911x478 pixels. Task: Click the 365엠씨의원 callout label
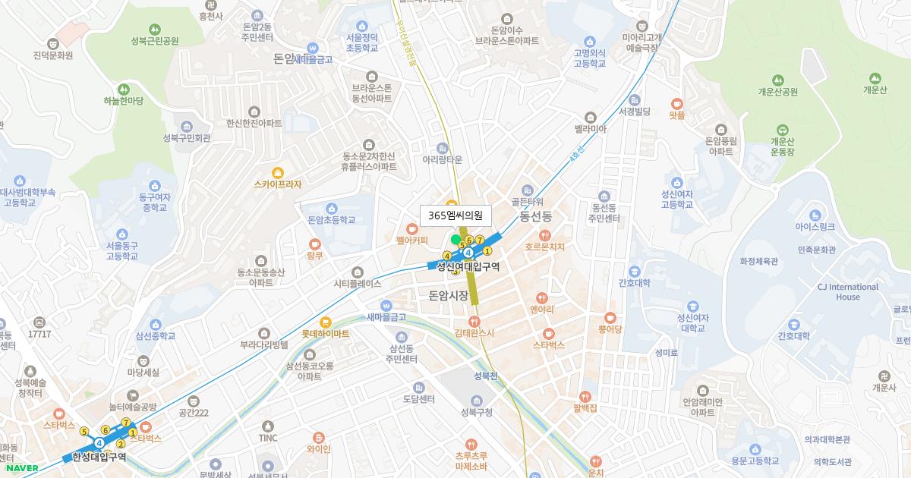(x=455, y=215)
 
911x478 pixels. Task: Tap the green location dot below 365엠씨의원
(x=455, y=240)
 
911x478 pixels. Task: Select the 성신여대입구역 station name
(x=468, y=266)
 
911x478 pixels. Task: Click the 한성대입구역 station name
(x=99, y=457)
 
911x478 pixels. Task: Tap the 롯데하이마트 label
(x=326, y=333)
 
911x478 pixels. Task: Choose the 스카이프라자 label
(x=278, y=184)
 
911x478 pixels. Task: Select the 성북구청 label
(x=476, y=413)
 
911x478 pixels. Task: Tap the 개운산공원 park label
(x=777, y=92)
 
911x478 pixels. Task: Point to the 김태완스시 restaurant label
(x=474, y=332)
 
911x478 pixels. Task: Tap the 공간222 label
(x=193, y=413)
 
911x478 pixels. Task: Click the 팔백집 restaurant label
(x=585, y=408)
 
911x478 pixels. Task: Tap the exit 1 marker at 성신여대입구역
(x=488, y=251)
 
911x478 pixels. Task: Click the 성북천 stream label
(x=484, y=376)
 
